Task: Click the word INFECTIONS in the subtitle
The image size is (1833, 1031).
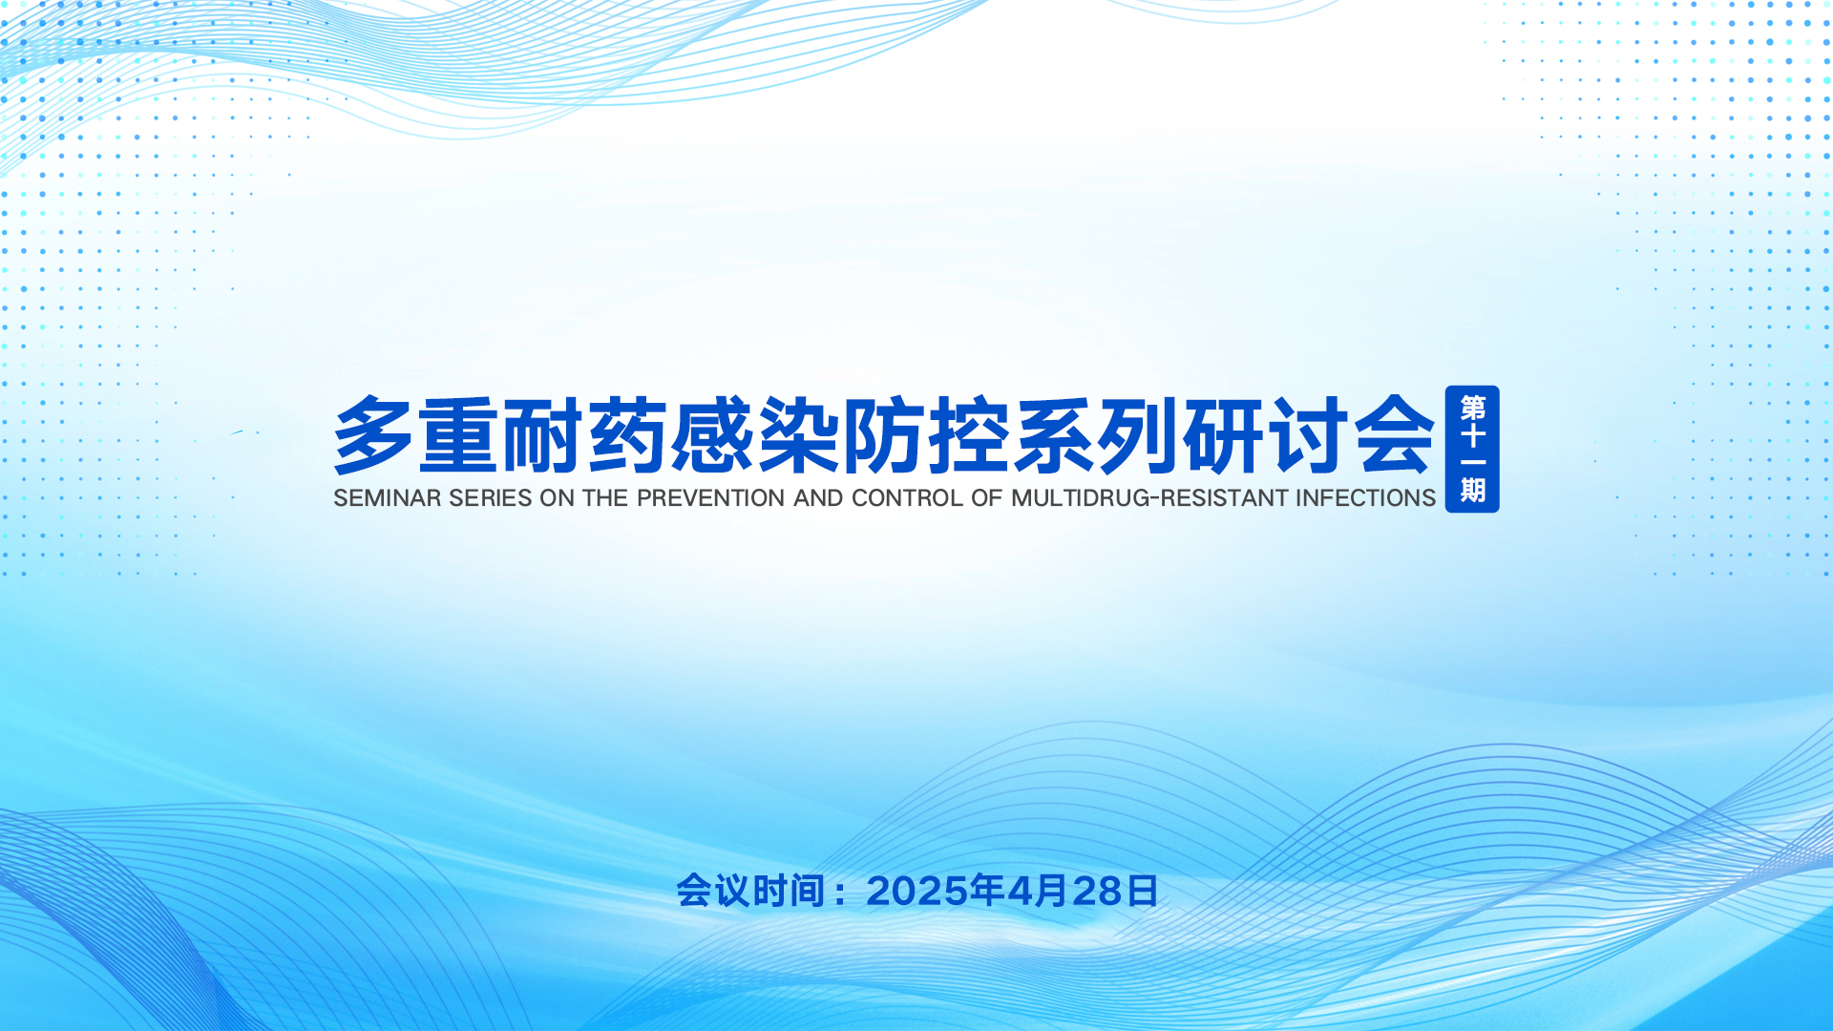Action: coord(1366,498)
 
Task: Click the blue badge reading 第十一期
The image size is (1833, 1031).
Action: coord(1472,449)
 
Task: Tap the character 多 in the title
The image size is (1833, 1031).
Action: coord(373,435)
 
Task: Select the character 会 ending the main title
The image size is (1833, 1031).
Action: coord(1396,435)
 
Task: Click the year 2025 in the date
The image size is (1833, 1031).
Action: coord(917,892)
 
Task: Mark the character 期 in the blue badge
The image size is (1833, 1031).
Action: coord(1473,490)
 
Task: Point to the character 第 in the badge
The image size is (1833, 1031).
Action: coord(1473,409)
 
